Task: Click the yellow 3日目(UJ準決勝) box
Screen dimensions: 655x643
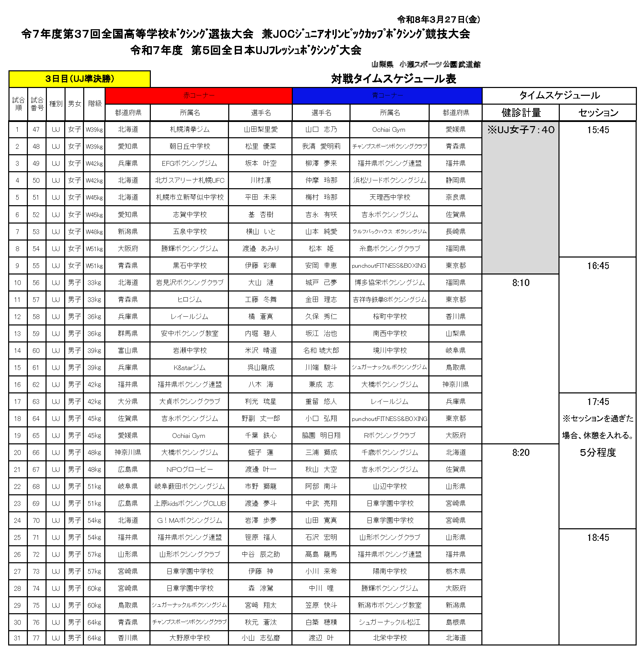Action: (x=79, y=79)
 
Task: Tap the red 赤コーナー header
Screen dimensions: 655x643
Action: (x=199, y=96)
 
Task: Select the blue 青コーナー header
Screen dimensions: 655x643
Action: (x=387, y=96)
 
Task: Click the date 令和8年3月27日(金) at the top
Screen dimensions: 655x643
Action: (x=439, y=20)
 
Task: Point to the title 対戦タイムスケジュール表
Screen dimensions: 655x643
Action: (x=393, y=79)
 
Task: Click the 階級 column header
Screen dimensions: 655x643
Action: (x=95, y=104)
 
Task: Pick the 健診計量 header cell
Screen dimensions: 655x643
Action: (x=521, y=112)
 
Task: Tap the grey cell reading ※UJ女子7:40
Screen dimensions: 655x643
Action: (x=521, y=130)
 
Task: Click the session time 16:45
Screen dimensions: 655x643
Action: (x=598, y=266)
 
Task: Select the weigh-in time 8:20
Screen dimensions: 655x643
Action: (x=521, y=453)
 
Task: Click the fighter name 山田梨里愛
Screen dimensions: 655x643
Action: (x=261, y=129)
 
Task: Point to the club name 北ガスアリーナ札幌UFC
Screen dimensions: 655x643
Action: (x=190, y=180)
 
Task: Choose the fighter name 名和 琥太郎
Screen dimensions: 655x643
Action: (x=321, y=350)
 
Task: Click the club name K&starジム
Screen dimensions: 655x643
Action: (x=190, y=368)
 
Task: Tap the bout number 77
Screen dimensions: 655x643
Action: (x=36, y=638)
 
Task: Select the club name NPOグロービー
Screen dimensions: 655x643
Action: (x=190, y=470)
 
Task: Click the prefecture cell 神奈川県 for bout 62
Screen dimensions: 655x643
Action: (x=455, y=384)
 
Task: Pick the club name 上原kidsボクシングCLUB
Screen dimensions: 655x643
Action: (x=190, y=503)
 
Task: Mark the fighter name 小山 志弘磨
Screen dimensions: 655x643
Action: (x=261, y=638)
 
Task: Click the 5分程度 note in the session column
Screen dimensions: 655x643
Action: (x=598, y=453)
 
